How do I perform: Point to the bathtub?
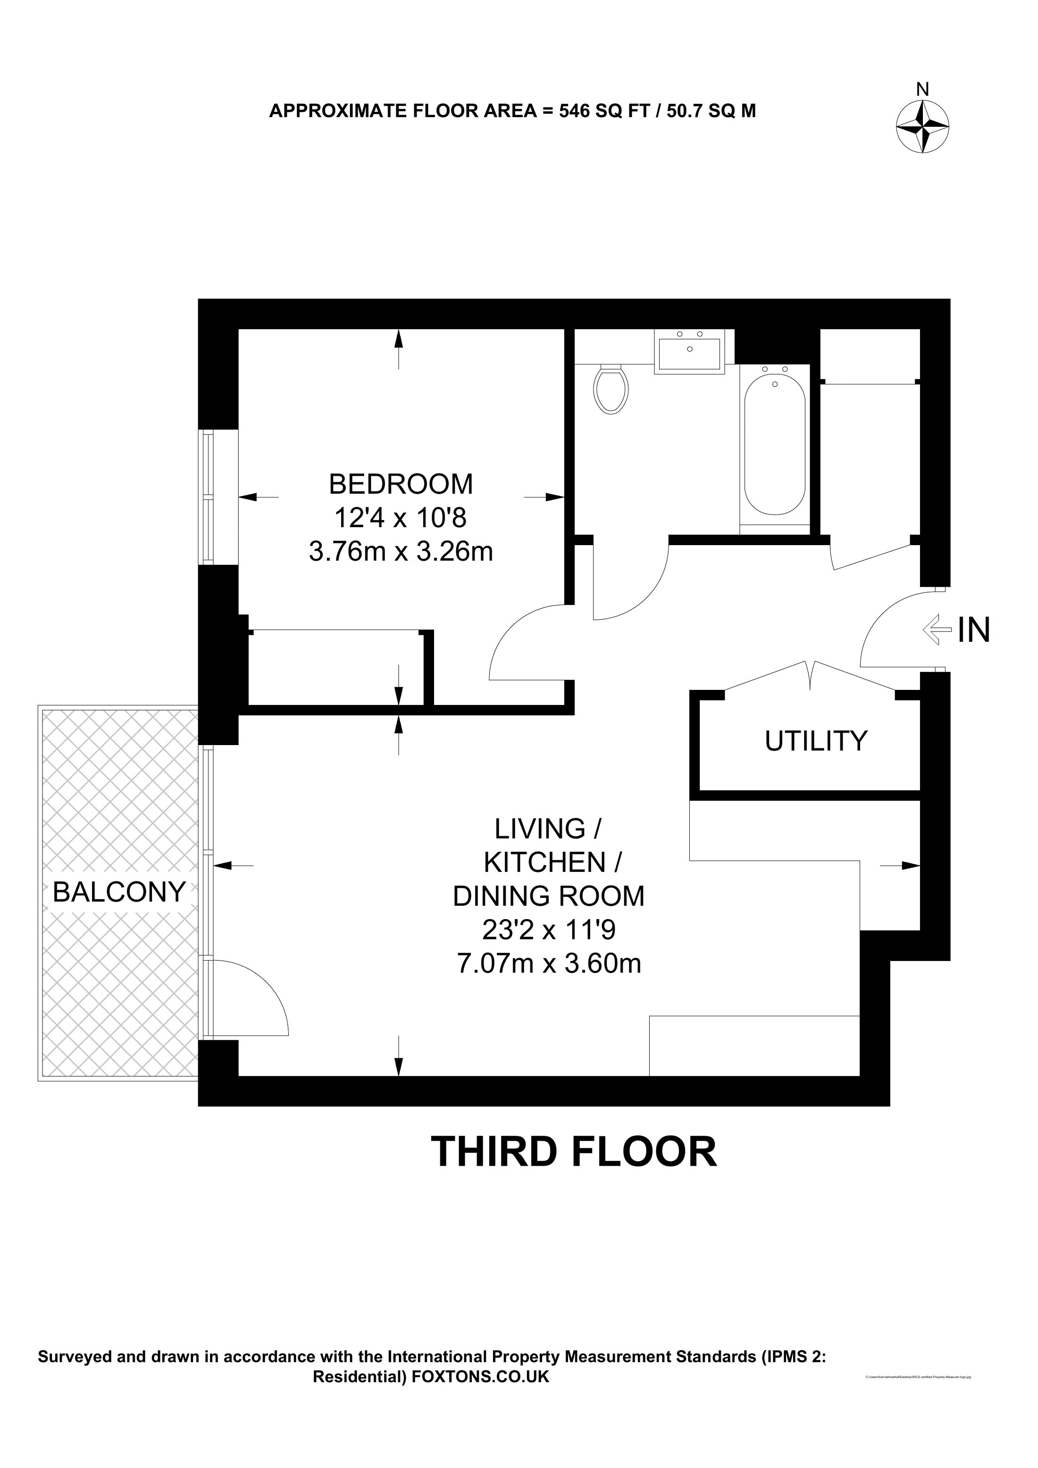tap(775, 444)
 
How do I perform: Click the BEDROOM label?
tap(401, 484)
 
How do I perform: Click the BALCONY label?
tap(119, 891)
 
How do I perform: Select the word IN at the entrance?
tap(973, 630)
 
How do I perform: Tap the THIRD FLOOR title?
tap(573, 1152)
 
